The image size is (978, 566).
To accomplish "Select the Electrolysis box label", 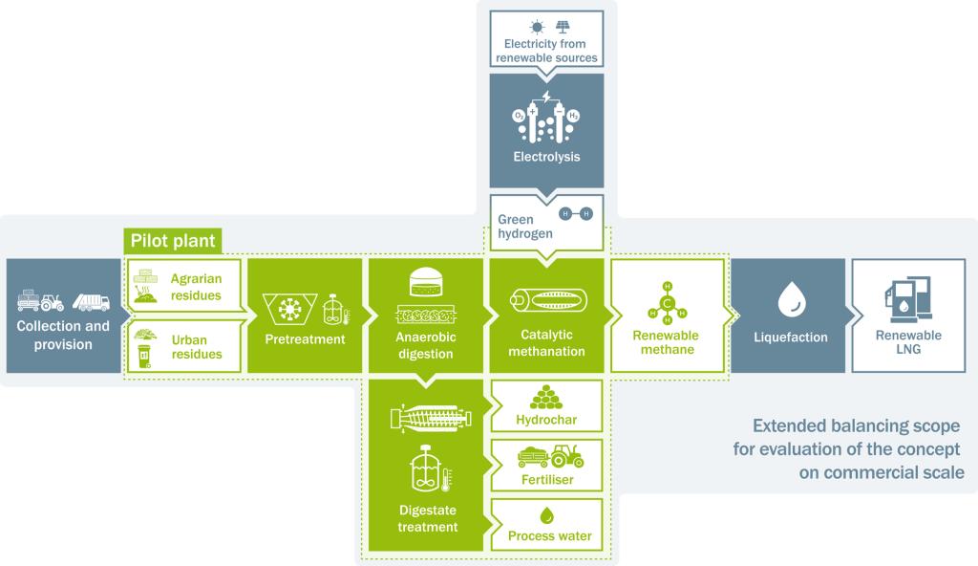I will tap(546, 156).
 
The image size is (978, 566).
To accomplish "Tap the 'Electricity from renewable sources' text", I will tap(546, 51).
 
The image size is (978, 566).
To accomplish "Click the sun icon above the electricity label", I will tap(536, 27).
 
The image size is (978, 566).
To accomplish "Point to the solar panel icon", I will tap(560, 27).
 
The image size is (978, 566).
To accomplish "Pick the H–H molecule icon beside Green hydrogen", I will tap(576, 213).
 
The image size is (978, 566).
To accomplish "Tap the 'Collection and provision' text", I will tap(63, 335).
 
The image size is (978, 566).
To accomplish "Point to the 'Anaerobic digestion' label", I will tap(425, 345).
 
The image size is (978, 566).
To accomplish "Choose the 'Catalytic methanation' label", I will tap(546, 343).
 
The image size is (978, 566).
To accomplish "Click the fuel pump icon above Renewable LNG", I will tap(908, 294).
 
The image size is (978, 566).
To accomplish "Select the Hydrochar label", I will tap(546, 421).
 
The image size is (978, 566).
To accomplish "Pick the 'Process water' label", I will tap(550, 536).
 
